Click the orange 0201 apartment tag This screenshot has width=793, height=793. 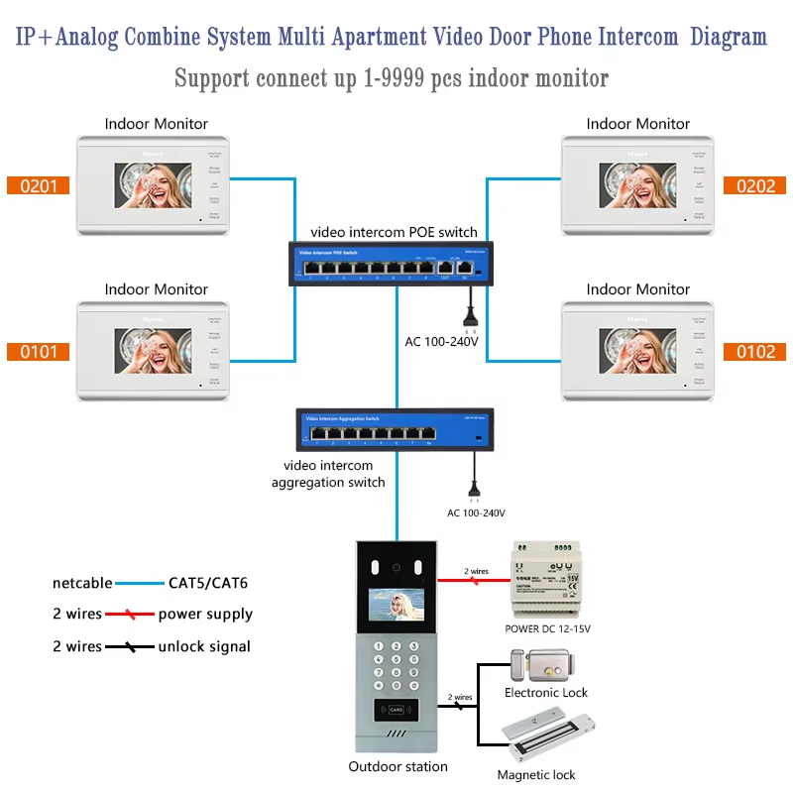tap(39, 185)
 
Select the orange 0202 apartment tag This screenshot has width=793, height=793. tap(755, 185)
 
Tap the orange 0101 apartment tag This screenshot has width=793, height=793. tap(39, 351)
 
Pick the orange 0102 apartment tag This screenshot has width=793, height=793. tap(755, 351)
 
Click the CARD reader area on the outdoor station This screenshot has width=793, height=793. tap(396, 709)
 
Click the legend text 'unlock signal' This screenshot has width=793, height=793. tap(204, 646)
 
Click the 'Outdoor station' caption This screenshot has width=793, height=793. tap(397, 766)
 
